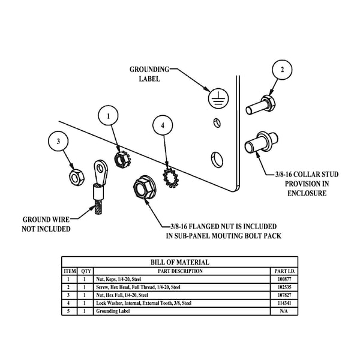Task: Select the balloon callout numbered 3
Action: point(58,142)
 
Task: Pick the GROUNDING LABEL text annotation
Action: point(149,74)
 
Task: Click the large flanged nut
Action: point(142,188)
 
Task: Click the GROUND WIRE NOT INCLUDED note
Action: point(46,224)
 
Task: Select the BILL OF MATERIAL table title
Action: point(180,262)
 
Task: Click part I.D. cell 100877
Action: point(284,279)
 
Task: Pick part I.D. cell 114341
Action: point(284,303)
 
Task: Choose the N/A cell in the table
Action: point(284,311)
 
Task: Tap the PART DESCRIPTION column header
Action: point(180,271)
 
